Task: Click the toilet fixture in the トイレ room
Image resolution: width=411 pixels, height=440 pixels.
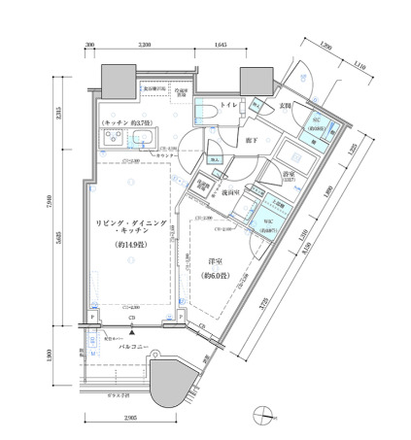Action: coord(206,114)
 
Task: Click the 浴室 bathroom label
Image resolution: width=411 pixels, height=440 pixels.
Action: coord(289,176)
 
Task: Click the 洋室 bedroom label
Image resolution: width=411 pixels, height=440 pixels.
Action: coord(216,262)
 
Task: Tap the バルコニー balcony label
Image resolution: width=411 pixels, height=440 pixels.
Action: coord(134,345)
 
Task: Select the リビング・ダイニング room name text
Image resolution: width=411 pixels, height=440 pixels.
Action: coord(132,224)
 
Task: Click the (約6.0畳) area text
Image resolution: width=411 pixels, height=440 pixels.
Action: coord(216,277)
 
